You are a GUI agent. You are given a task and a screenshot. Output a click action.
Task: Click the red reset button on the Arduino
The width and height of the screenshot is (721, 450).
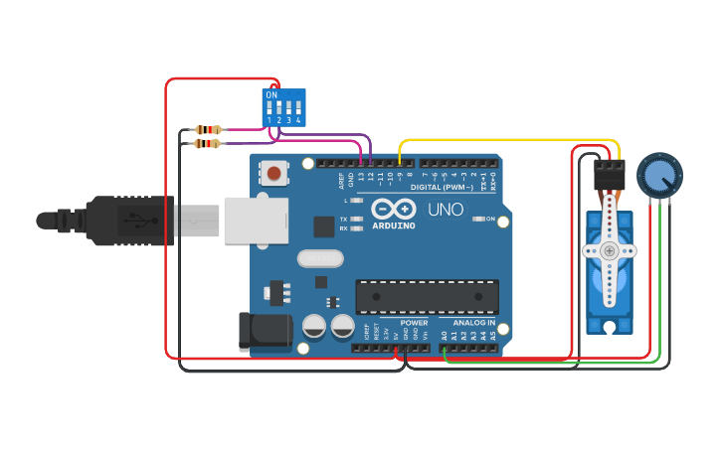click(273, 174)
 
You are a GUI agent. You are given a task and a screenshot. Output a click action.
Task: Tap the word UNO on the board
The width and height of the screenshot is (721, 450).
click(446, 210)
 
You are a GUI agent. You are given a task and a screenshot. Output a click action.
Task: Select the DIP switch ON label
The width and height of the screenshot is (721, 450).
click(271, 94)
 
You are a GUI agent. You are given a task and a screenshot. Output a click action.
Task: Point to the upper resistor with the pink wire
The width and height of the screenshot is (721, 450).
click(208, 129)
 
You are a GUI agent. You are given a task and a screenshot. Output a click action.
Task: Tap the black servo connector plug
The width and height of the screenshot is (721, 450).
click(609, 176)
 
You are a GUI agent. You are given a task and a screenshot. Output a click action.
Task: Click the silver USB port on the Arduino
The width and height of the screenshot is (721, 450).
click(256, 220)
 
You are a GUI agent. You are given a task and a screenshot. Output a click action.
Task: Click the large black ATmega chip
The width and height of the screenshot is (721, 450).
click(428, 296)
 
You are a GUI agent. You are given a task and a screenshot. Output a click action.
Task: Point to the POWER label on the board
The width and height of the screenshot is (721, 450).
click(414, 323)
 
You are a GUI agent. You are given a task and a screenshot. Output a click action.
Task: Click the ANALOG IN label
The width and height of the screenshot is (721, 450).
click(473, 323)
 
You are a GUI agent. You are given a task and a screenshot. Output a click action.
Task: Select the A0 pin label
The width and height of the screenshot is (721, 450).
click(445, 336)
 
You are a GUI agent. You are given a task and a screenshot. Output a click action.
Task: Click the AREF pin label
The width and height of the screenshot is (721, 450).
click(340, 180)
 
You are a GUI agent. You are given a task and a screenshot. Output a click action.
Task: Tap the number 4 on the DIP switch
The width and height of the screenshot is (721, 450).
click(297, 120)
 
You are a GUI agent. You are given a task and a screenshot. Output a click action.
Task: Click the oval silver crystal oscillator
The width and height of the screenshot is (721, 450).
click(320, 258)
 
